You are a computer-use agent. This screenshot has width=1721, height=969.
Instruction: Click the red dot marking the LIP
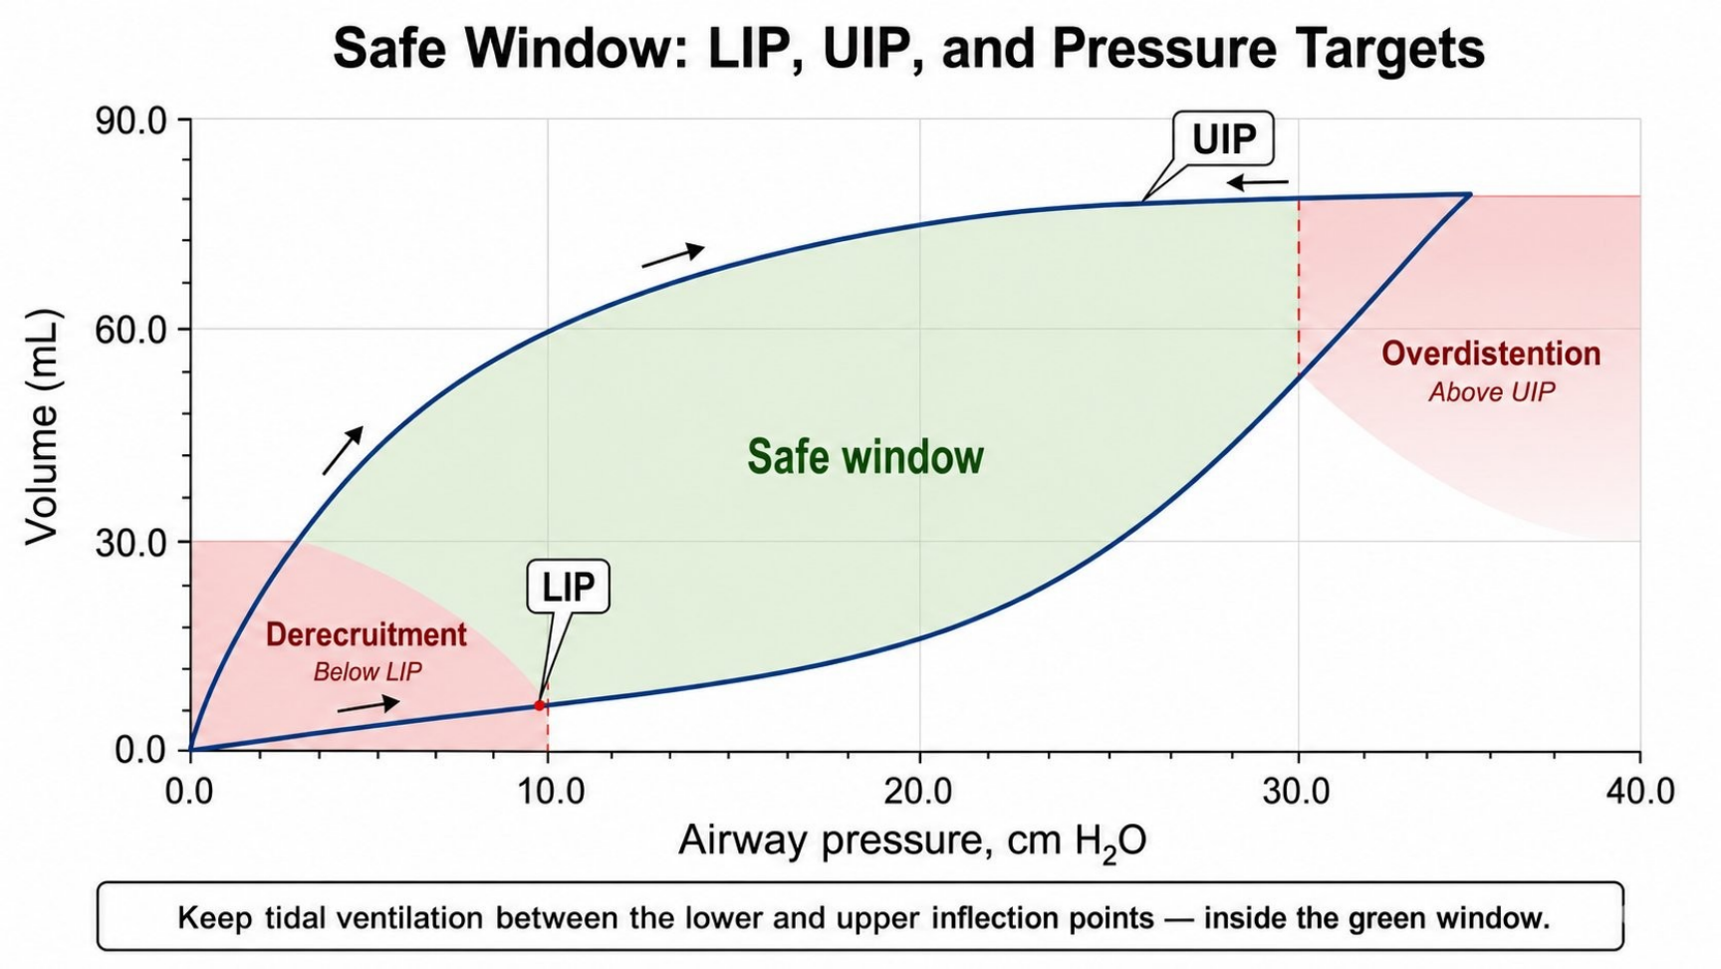pyautogui.click(x=540, y=705)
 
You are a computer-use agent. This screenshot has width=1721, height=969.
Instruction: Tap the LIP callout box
pyautogui.click(x=568, y=587)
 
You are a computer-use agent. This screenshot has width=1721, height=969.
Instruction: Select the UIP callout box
pyautogui.click(x=1224, y=138)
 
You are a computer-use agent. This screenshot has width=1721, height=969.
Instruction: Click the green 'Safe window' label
pyautogui.click(x=865, y=456)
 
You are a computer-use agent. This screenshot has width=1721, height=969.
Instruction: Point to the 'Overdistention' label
pyautogui.click(x=1491, y=354)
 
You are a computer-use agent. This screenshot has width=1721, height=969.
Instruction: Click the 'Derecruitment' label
pyautogui.click(x=367, y=634)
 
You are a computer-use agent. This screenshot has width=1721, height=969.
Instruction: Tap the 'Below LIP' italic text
pyautogui.click(x=368, y=672)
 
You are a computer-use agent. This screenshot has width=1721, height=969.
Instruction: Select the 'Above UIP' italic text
pyautogui.click(x=1492, y=392)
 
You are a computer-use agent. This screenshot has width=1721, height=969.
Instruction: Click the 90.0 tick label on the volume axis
pyautogui.click(x=130, y=121)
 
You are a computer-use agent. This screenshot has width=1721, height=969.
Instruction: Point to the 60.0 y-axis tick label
pyautogui.click(x=130, y=330)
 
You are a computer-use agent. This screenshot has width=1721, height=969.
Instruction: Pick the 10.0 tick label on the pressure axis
pyautogui.click(x=548, y=792)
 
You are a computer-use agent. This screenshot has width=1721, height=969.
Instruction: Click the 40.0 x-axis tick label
pyautogui.click(x=1640, y=792)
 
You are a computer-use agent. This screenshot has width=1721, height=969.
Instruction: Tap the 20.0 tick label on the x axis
pyautogui.click(x=918, y=792)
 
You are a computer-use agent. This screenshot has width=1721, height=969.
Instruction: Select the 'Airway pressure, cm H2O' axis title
pyautogui.click(x=912, y=842)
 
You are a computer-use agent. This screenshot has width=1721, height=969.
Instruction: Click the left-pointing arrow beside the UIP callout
pyautogui.click(x=1258, y=182)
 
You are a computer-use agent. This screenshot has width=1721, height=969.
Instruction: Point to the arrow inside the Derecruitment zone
pyautogui.click(x=369, y=705)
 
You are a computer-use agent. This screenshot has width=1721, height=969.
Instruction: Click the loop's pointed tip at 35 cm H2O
pyautogui.click(x=1471, y=194)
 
